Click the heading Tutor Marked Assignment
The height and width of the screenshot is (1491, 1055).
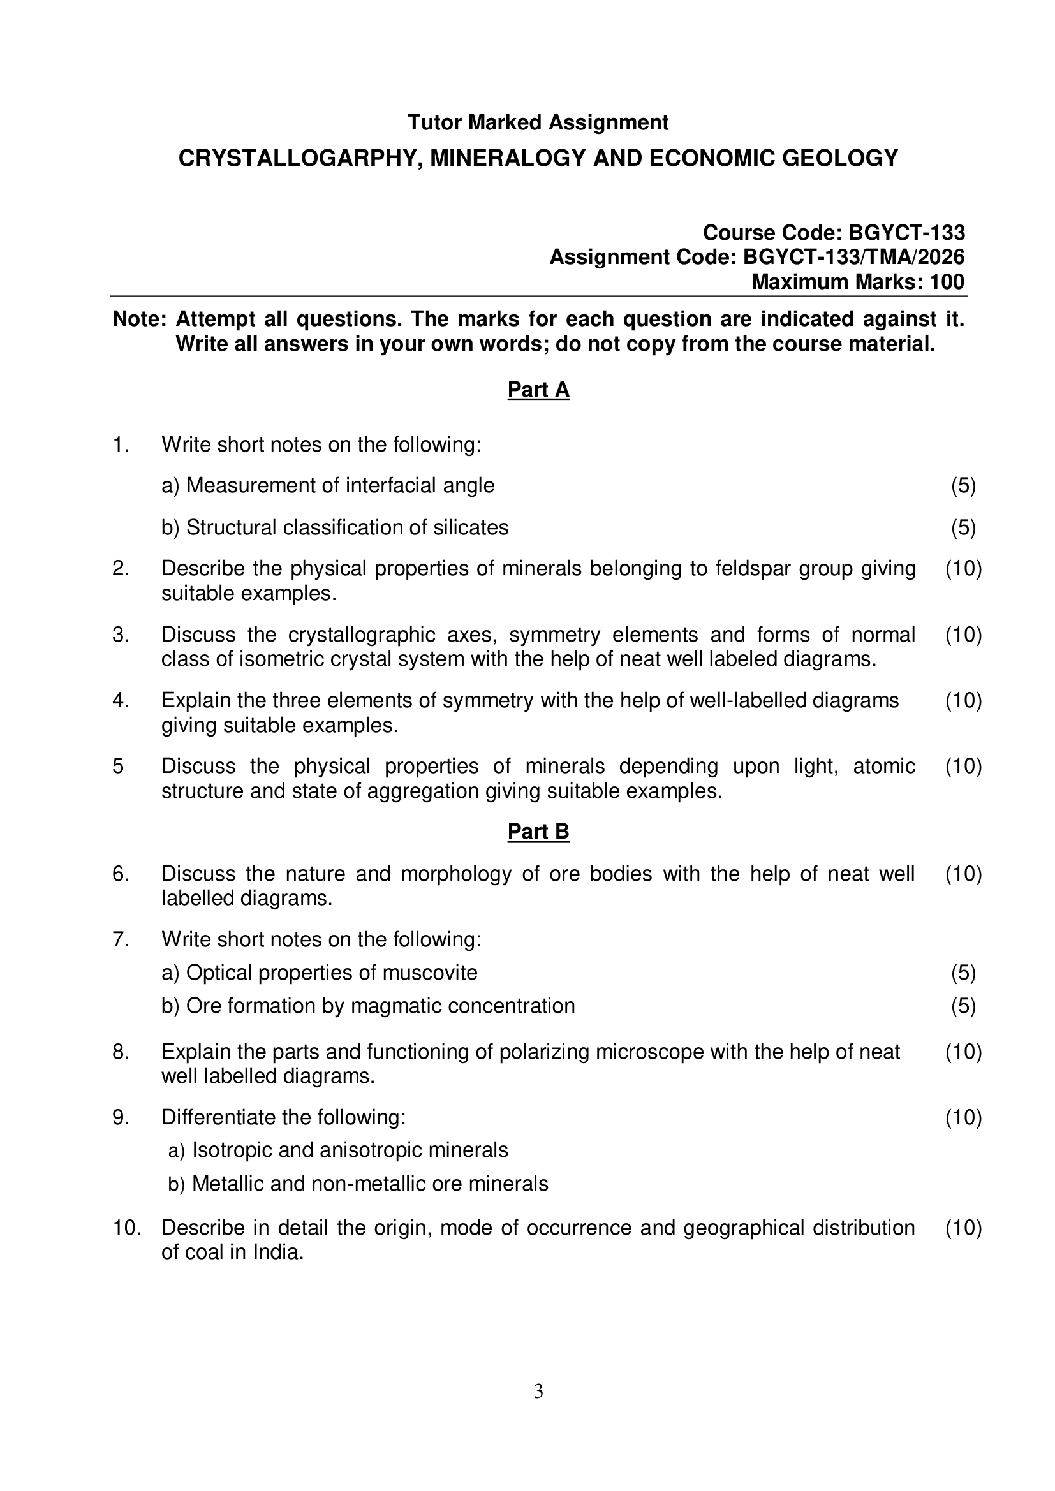click(x=537, y=122)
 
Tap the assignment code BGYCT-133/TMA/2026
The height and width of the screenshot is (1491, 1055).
click(x=853, y=257)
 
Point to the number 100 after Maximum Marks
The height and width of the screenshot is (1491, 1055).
click(x=947, y=282)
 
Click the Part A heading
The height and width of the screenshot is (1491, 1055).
click(x=538, y=390)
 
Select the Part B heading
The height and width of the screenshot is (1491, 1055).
click(x=538, y=832)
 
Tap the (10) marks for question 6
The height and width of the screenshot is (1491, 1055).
click(x=963, y=874)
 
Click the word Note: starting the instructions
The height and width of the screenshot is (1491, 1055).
click(x=140, y=319)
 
